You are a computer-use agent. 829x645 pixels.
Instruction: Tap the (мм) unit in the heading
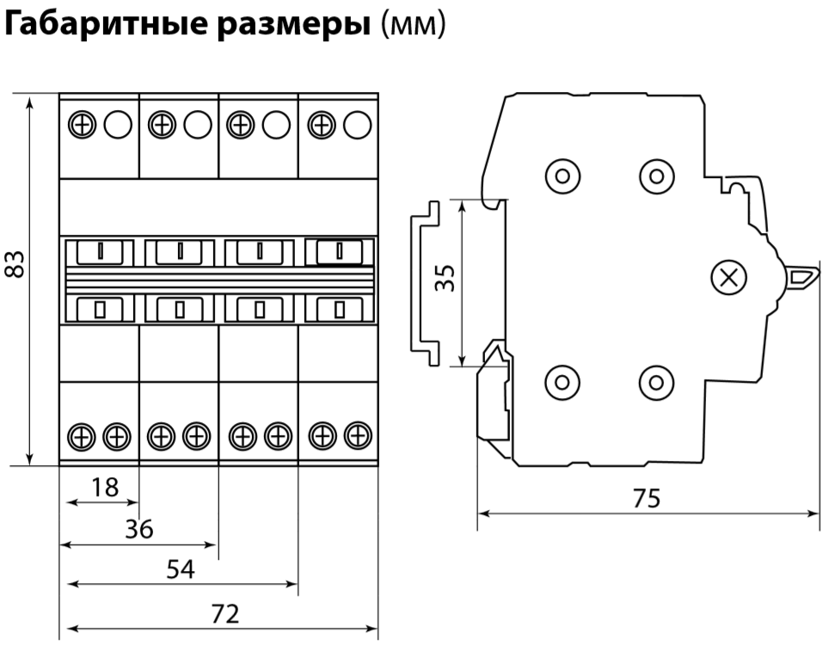[413, 26]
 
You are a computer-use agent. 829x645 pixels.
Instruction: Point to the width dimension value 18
[105, 488]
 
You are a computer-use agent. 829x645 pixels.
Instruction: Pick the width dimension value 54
[181, 568]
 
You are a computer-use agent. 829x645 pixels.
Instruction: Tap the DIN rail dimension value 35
[445, 278]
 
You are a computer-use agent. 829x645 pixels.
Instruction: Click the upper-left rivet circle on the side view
[562, 176]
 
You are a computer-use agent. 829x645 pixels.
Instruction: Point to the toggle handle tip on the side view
[804, 277]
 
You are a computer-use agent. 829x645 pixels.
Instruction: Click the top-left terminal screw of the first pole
[82, 126]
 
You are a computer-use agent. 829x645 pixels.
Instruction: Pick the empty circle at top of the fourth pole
[357, 126]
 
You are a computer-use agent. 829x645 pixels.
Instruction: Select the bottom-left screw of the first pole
[82, 436]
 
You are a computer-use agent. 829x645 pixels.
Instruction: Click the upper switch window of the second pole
[179, 252]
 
